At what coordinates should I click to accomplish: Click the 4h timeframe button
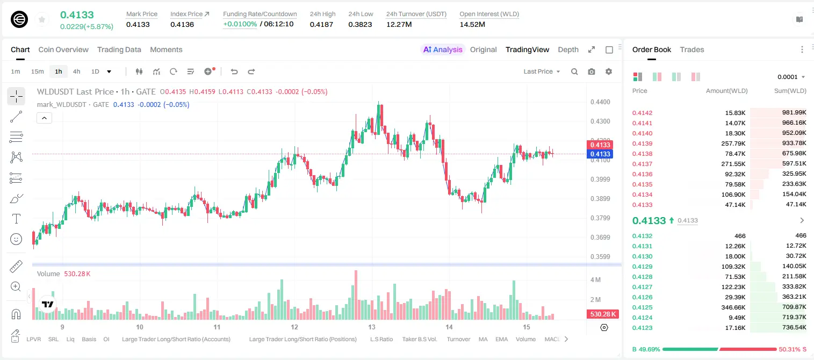pyautogui.click(x=76, y=71)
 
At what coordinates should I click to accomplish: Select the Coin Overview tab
pyautogui.click(x=63, y=49)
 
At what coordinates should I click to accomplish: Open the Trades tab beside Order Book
pyautogui.click(x=691, y=49)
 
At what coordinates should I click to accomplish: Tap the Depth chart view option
pyautogui.click(x=568, y=49)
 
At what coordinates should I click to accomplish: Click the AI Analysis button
pyautogui.click(x=443, y=49)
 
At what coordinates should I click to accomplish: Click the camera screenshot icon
pyautogui.click(x=591, y=71)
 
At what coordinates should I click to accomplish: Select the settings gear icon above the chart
pyautogui.click(x=609, y=71)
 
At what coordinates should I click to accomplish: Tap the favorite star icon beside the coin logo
pyautogui.click(x=42, y=19)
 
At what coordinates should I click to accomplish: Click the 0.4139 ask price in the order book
pyautogui.click(x=642, y=143)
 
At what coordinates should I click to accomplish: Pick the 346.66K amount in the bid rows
pyautogui.click(x=733, y=307)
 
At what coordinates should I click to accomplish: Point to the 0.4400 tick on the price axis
pyautogui.click(x=600, y=102)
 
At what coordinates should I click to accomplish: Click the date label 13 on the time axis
pyautogui.click(x=371, y=327)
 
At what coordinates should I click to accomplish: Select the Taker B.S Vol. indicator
pyautogui.click(x=419, y=339)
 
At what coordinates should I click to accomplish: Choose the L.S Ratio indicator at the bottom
pyautogui.click(x=381, y=339)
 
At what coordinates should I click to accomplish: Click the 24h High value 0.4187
pyautogui.click(x=321, y=24)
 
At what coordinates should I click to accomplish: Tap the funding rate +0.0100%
pyautogui.click(x=240, y=24)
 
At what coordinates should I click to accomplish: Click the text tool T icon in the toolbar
pyautogui.click(x=16, y=219)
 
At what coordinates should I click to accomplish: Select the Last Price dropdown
pyautogui.click(x=542, y=71)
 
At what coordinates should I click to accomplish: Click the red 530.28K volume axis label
pyautogui.click(x=602, y=314)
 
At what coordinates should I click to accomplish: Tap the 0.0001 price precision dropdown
pyautogui.click(x=791, y=77)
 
